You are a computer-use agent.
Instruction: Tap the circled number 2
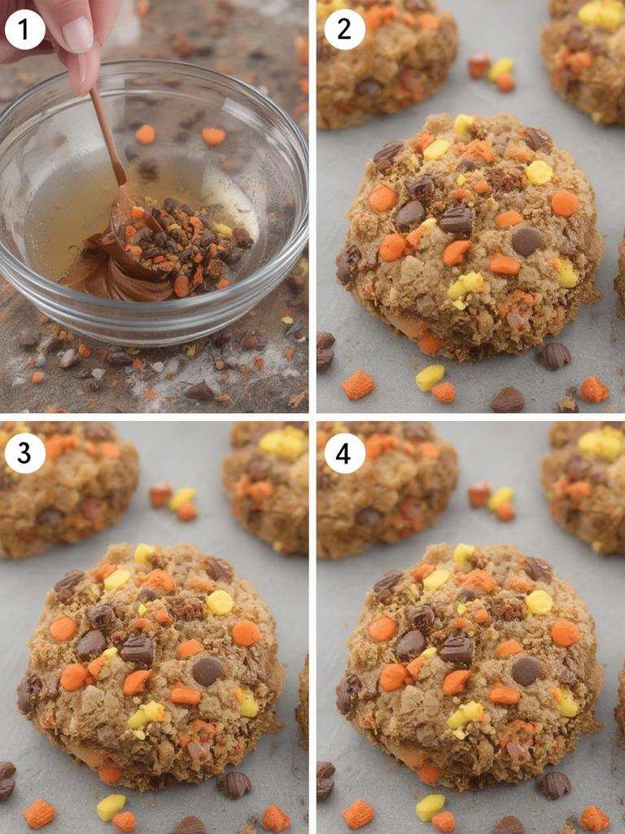[344, 30]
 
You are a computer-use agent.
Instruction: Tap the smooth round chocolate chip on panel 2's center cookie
[526, 240]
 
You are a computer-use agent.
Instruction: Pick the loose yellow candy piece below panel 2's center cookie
[430, 376]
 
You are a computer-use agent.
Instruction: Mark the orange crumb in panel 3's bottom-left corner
[38, 812]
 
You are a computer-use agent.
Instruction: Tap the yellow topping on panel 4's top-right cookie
[601, 442]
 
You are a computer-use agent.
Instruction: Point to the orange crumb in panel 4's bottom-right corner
[593, 818]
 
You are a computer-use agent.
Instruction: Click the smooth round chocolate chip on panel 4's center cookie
[526, 670]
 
